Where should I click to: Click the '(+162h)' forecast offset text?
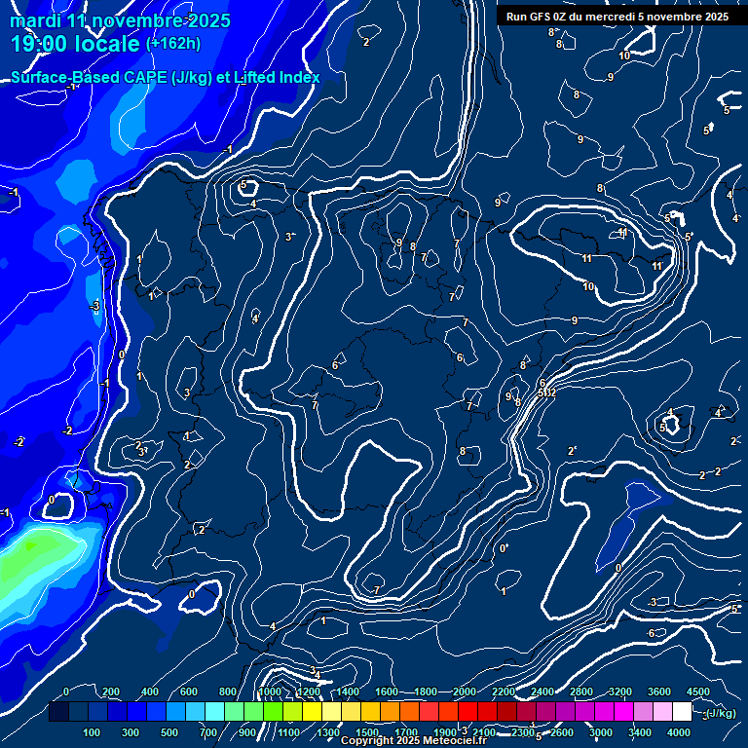[x=173, y=43]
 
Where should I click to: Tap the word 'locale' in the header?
[x=106, y=44]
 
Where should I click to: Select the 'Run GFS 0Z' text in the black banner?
[x=543, y=17]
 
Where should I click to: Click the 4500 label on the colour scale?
[x=697, y=692]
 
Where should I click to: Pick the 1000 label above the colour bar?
[x=270, y=692]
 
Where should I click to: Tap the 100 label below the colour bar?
[x=92, y=732]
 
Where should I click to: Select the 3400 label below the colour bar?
[x=640, y=732]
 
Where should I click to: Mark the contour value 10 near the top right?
[x=624, y=56]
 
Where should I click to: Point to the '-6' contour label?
[x=650, y=634]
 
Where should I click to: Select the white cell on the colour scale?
[x=681, y=712]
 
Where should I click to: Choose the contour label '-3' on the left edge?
[x=94, y=306]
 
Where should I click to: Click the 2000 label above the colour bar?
[x=465, y=692]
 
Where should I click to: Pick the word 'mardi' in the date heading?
[x=36, y=20]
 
